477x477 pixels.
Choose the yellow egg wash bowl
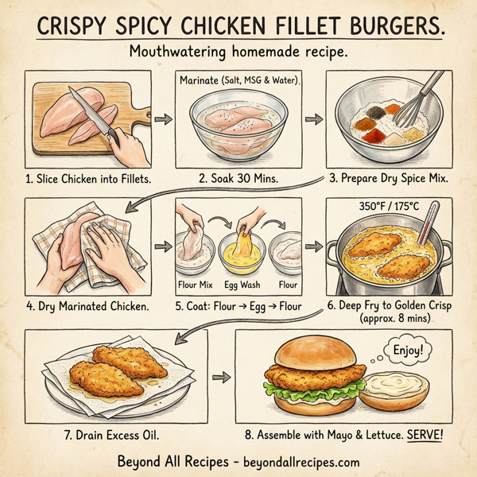[242, 250]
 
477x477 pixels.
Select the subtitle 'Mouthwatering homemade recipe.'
[238, 52]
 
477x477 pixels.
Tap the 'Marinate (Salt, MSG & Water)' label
[238, 81]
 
